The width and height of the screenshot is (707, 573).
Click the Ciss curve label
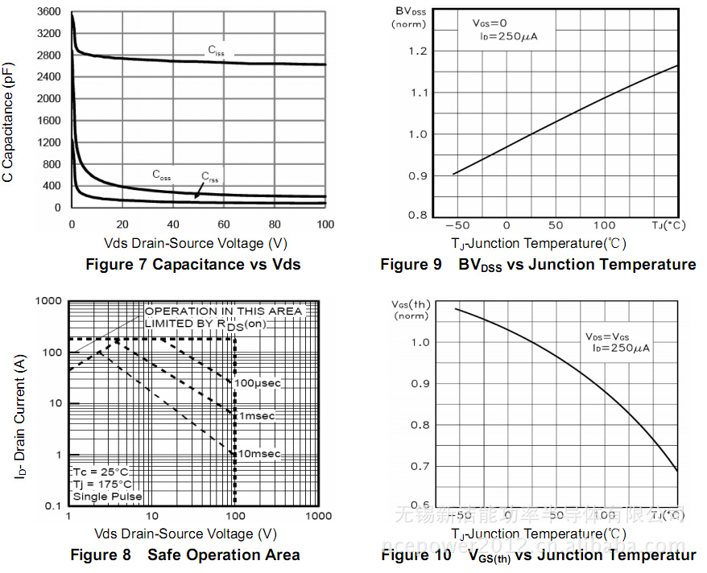point(217,52)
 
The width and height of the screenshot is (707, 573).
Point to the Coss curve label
point(162,175)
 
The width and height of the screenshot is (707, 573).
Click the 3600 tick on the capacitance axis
point(49,12)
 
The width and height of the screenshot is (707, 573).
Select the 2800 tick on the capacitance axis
point(49,56)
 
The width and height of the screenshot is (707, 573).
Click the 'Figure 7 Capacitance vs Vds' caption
point(193,265)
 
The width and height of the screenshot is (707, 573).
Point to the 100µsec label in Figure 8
point(258,383)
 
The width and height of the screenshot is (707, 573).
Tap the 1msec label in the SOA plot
point(256,416)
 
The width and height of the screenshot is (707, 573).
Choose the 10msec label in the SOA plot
point(258,454)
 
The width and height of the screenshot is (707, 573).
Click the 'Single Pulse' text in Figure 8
point(106,497)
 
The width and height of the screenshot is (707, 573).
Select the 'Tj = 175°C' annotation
point(101,484)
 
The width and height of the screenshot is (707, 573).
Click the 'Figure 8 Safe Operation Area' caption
point(185,555)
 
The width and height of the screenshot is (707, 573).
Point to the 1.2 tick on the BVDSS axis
point(416,52)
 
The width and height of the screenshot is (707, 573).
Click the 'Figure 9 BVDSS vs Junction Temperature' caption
point(538,265)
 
